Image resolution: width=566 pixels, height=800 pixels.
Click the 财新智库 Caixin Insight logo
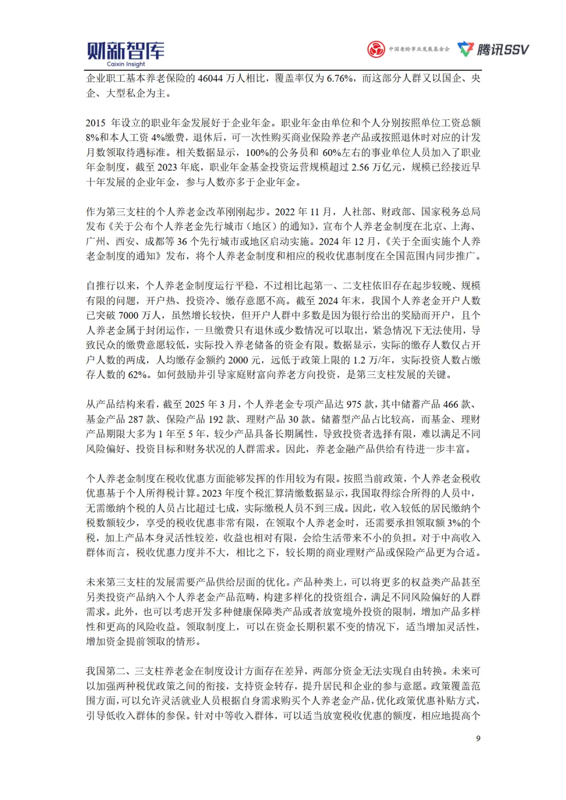point(125,53)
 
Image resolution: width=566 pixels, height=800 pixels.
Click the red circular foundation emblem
point(376,49)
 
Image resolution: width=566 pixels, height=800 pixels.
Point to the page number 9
point(478,738)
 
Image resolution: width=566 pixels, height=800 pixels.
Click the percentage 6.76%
point(340,79)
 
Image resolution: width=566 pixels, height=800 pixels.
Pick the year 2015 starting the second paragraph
point(96,123)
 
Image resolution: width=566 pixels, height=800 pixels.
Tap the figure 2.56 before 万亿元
point(361,168)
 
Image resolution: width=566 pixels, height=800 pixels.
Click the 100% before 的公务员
point(257,153)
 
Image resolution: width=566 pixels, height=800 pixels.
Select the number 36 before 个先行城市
point(182,242)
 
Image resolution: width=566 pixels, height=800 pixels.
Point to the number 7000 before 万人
point(128,316)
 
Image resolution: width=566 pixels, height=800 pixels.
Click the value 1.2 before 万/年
point(360,360)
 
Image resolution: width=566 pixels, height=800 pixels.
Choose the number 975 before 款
point(354,405)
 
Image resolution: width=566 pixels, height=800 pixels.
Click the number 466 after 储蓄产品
point(451,405)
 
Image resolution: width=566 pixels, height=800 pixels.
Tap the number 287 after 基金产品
point(136,419)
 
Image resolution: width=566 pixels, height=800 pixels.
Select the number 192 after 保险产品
point(216,419)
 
